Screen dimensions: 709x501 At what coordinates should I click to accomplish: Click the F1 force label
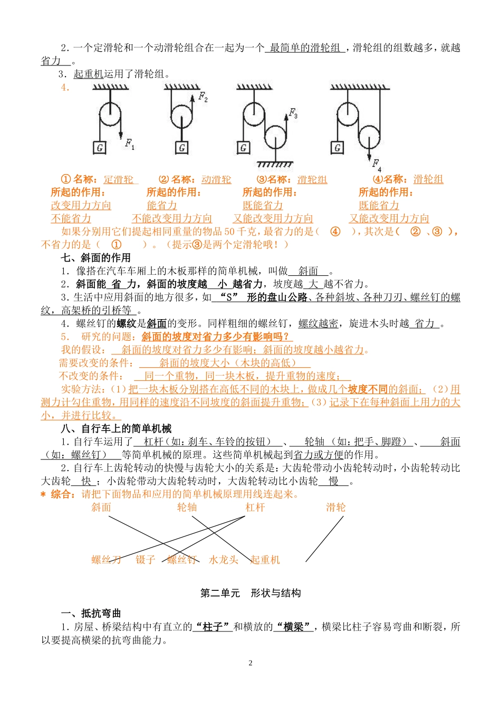click(130, 143)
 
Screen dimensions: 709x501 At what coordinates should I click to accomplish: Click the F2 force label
click(203, 97)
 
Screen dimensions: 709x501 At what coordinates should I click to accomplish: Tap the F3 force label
click(293, 113)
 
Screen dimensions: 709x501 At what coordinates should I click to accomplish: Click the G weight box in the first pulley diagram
click(100, 148)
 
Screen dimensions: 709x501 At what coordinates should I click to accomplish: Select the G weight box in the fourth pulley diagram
click(338, 148)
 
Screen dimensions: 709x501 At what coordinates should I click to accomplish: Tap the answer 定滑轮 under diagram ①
click(119, 180)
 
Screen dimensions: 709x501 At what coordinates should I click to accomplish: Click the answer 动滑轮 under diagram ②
click(216, 180)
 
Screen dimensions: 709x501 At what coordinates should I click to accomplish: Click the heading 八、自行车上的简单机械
click(116, 429)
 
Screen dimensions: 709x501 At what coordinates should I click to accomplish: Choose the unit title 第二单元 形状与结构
click(250, 593)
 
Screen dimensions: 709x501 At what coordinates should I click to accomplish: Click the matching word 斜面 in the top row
click(101, 507)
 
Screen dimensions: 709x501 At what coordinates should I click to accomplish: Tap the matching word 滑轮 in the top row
click(335, 507)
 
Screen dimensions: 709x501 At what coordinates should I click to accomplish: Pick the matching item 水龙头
click(224, 560)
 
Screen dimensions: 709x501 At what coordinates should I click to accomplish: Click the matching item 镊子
click(146, 560)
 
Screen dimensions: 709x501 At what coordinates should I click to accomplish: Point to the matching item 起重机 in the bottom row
click(265, 560)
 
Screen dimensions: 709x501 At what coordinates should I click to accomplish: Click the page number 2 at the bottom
click(250, 663)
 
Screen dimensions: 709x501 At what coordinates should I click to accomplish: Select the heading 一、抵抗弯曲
click(91, 614)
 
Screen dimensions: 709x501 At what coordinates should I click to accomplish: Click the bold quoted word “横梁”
click(293, 627)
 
